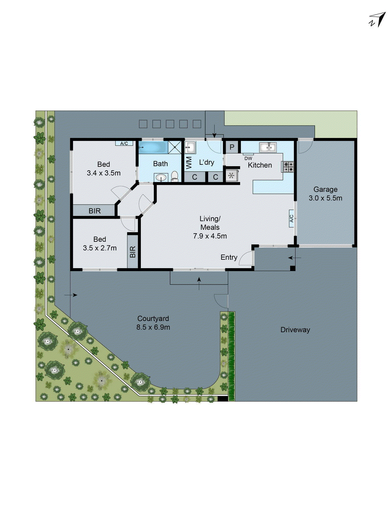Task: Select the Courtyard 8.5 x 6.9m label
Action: tap(153, 323)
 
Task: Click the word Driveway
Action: tap(295, 330)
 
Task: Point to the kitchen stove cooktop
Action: tap(288, 167)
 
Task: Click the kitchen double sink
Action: tap(268, 147)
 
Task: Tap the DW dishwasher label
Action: tap(248, 158)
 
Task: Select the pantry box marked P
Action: tap(232, 147)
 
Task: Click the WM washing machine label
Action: tap(189, 163)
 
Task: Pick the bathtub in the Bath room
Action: tap(153, 147)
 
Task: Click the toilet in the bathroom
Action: tap(175, 176)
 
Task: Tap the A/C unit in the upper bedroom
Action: tap(124, 144)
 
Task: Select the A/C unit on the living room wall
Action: tap(292, 219)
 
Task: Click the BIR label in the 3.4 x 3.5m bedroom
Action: tap(94, 211)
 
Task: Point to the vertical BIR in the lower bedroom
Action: tap(133, 252)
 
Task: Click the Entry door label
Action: tap(229, 257)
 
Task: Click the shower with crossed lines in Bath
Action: tap(175, 147)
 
